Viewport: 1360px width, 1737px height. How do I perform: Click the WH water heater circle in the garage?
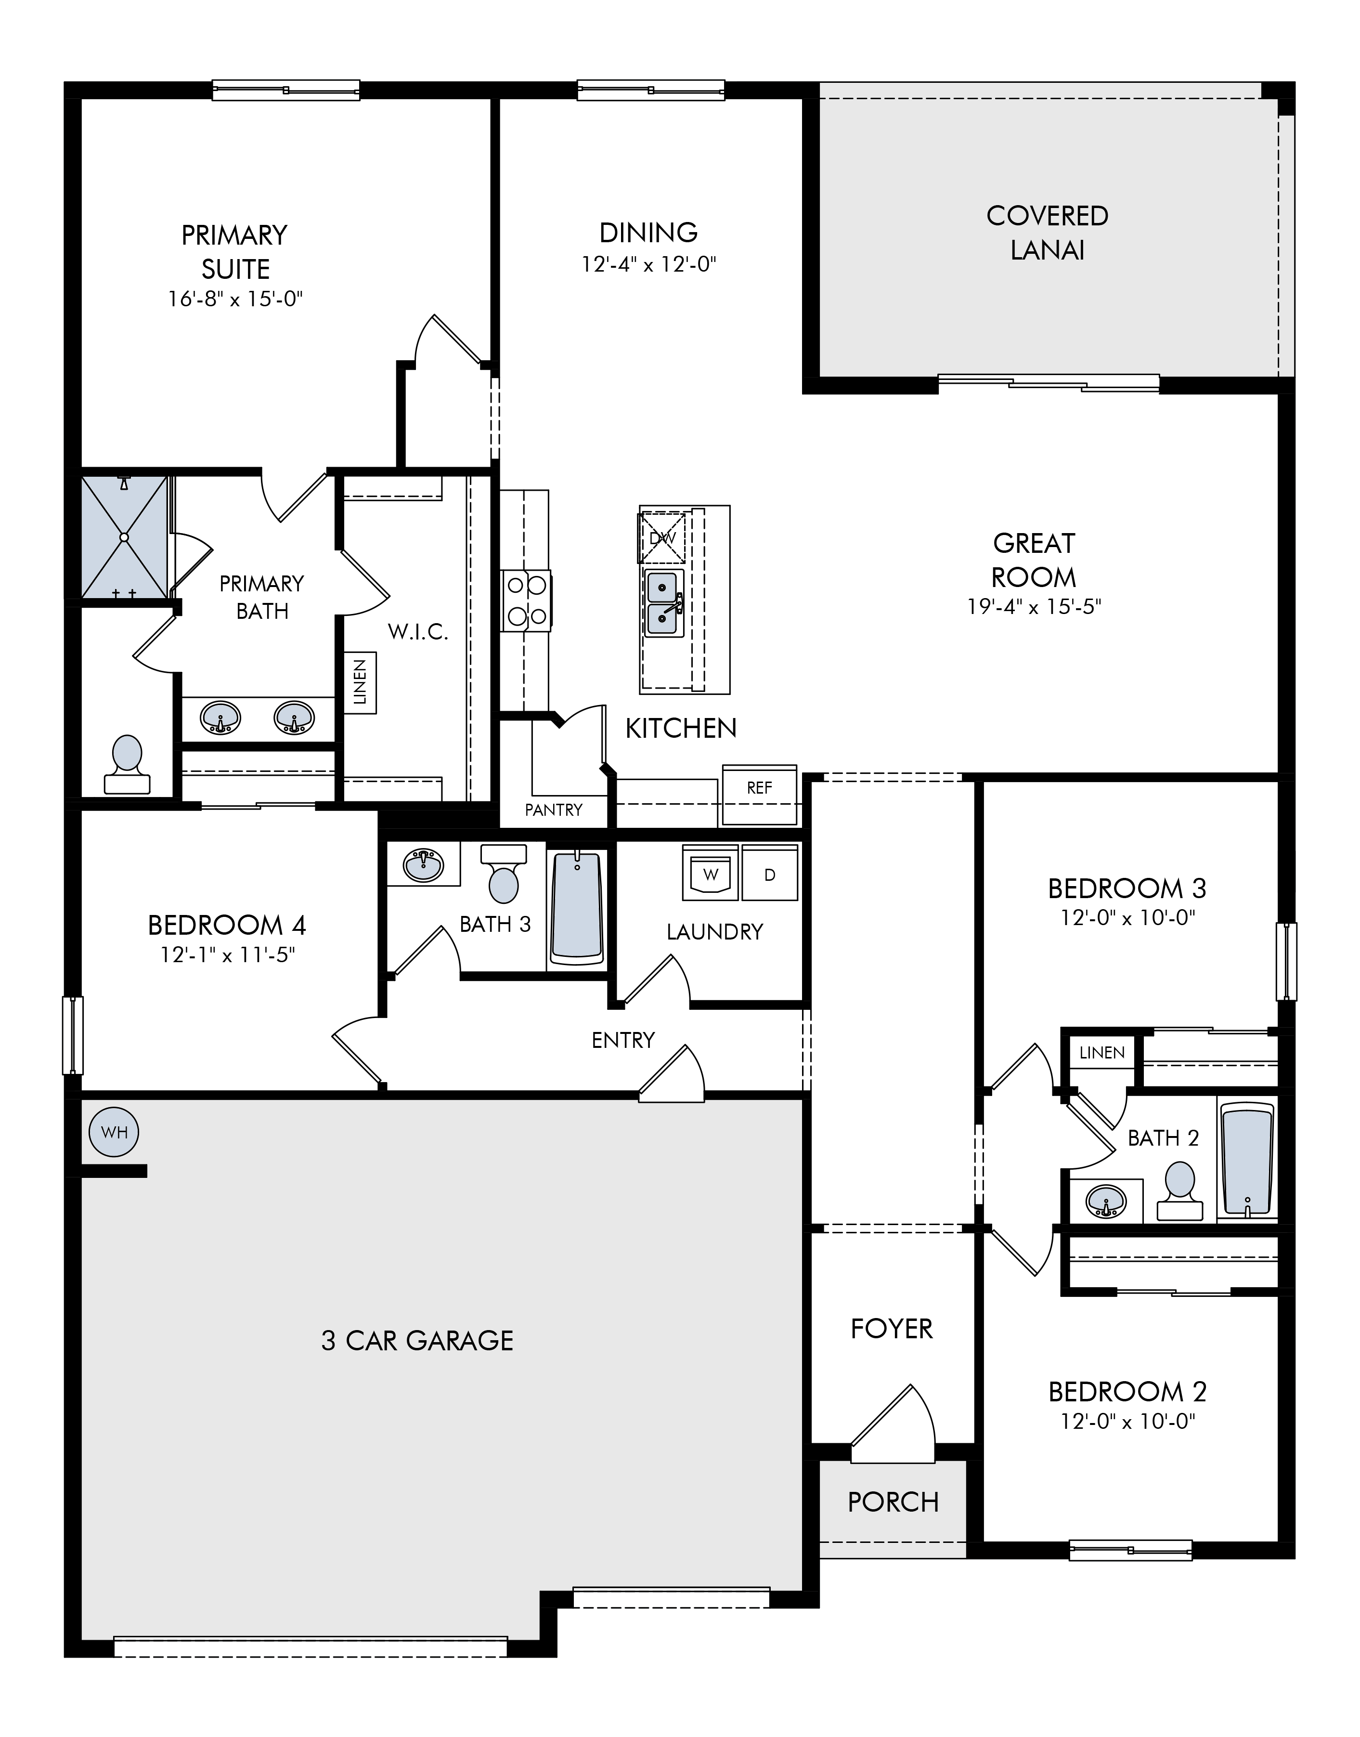[x=115, y=1132]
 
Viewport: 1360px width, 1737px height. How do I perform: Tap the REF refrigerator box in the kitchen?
[x=760, y=795]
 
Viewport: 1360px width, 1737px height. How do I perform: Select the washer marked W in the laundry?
[x=710, y=873]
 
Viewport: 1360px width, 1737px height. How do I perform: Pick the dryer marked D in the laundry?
[x=770, y=873]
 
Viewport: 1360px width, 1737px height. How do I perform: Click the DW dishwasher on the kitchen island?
[x=661, y=537]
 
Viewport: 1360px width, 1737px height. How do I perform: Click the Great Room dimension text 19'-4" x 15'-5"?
[x=1034, y=607]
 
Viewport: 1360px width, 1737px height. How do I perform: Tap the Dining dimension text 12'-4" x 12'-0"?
[x=649, y=264]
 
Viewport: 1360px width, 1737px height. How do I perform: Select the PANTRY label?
[x=554, y=810]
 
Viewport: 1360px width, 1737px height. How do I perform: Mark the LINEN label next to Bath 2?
[x=1102, y=1052]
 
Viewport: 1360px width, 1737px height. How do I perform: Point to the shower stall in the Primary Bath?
[x=124, y=537]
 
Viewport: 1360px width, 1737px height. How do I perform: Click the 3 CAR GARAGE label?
[x=417, y=1340]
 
